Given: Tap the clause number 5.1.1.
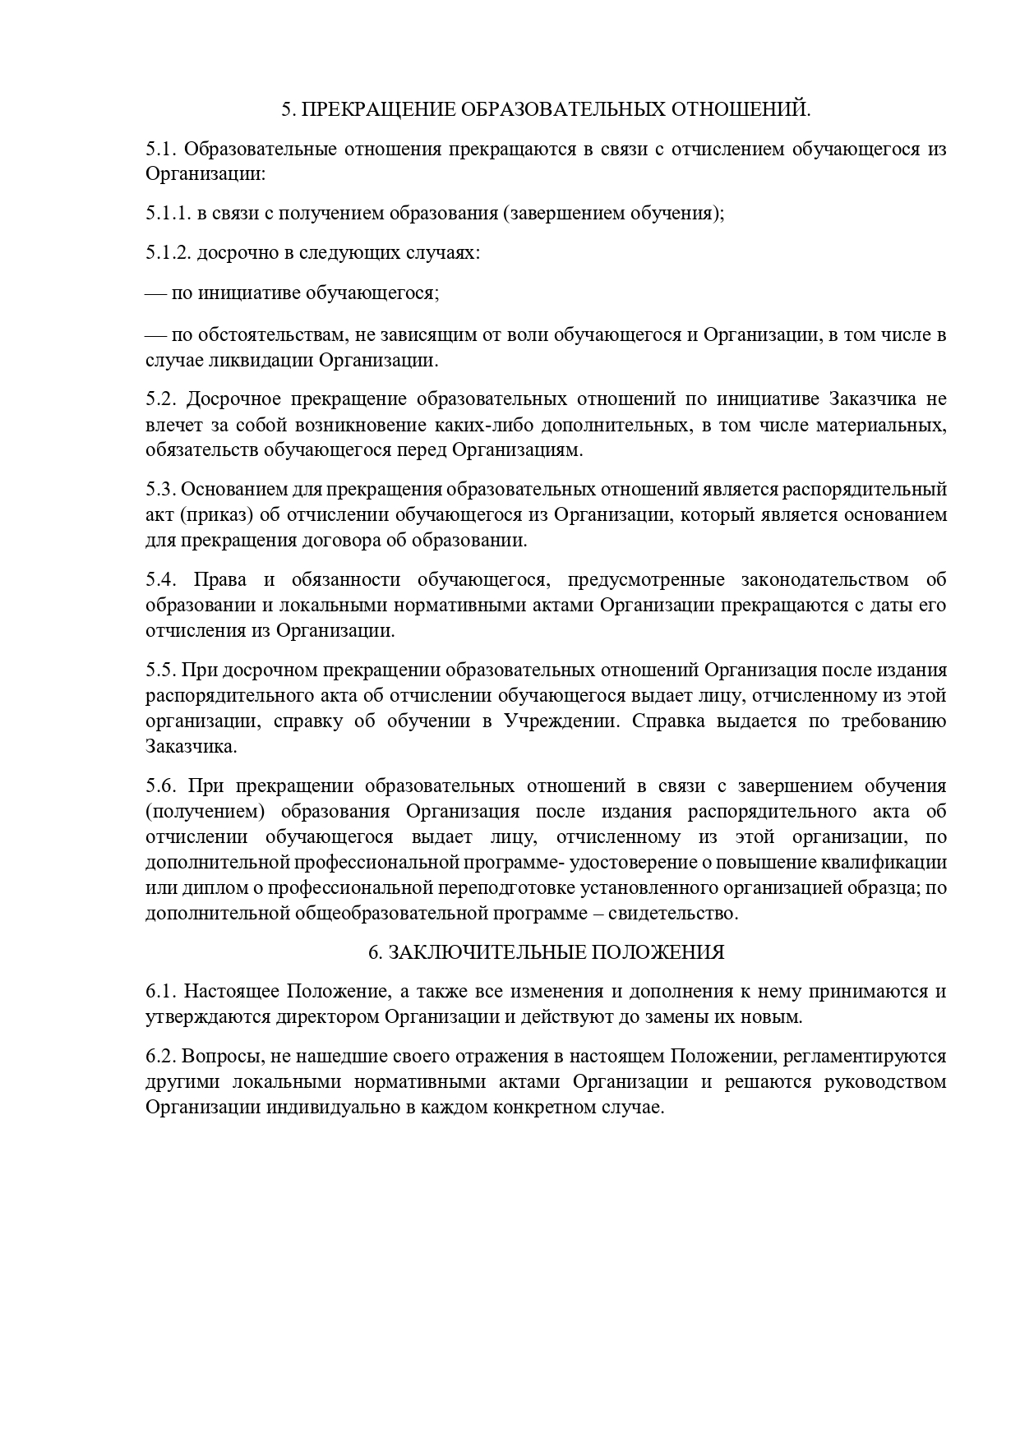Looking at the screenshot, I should pyautogui.click(x=168, y=214).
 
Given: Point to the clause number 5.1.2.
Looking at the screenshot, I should pyautogui.click(x=168, y=252).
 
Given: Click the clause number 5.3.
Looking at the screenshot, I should pyautogui.click(x=160, y=490).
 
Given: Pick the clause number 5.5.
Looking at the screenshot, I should pyautogui.click(x=160, y=670).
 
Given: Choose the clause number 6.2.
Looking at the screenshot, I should pyautogui.click(x=160, y=1056).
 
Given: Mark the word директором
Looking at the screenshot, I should pyautogui.click(x=327, y=1017).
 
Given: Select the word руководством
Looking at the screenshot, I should pyautogui.click(x=884, y=1081).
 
